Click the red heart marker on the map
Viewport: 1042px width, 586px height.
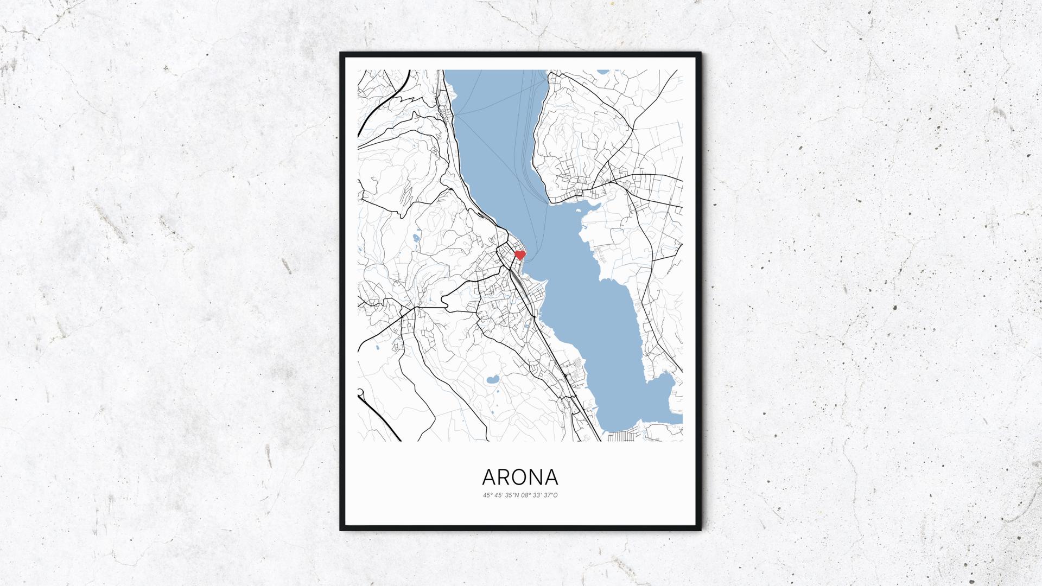(520, 254)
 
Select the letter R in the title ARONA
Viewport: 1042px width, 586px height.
(503, 477)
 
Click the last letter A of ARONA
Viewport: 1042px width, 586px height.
(551, 477)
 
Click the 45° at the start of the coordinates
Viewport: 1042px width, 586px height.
(487, 495)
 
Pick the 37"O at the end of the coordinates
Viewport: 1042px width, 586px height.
(551, 495)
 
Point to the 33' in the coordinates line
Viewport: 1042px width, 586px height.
(537, 495)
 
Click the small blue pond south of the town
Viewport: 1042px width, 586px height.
(493, 379)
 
